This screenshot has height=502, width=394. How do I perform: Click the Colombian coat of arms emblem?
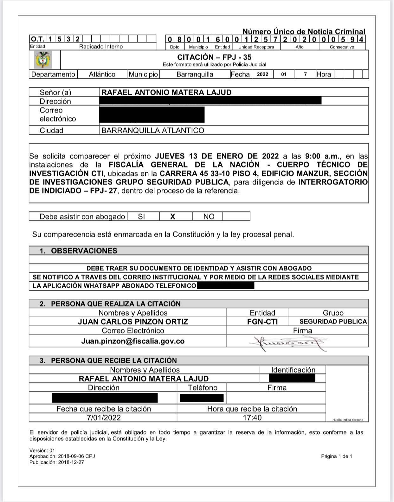point(43,60)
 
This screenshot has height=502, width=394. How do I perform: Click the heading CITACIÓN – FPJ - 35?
point(214,57)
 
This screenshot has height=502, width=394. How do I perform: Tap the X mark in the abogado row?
point(173,217)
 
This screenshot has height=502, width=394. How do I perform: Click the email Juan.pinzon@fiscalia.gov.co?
point(133,341)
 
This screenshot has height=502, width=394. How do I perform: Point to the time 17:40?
point(252,418)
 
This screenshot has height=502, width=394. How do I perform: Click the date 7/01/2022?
point(104,418)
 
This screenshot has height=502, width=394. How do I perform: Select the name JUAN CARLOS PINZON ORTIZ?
point(133,322)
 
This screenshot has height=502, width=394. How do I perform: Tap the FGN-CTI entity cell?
point(262,322)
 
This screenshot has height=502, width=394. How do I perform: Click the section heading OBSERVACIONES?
point(84,251)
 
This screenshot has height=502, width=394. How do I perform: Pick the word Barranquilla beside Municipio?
point(195,74)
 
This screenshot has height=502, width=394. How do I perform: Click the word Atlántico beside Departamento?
point(102,74)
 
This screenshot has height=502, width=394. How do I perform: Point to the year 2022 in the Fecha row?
point(262,74)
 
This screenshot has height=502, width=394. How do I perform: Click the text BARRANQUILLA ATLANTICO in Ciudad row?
point(152,130)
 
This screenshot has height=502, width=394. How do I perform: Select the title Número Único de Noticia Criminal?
point(304,32)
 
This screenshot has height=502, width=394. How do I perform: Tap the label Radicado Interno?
point(101,47)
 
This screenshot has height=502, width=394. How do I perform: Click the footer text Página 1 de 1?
point(336,456)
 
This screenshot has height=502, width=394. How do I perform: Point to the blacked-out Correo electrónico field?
point(152,115)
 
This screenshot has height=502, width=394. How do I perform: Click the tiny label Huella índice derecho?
point(348,420)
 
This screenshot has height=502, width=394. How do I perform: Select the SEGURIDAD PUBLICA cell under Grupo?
point(333,322)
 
